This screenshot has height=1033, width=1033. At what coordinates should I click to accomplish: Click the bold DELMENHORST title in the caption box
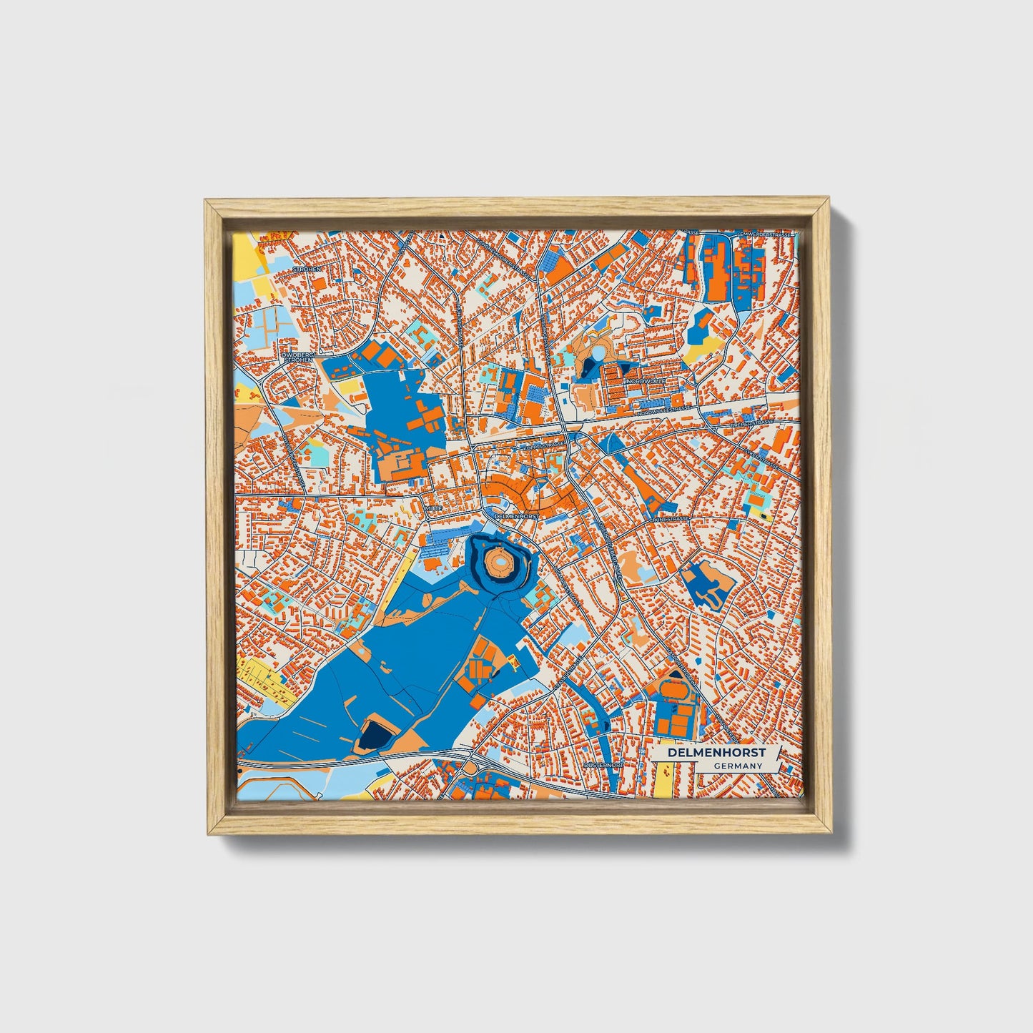pos(716,753)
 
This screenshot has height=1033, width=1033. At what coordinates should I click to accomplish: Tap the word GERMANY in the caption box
pos(737,766)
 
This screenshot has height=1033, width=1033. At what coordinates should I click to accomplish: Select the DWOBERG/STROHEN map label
pos(299,357)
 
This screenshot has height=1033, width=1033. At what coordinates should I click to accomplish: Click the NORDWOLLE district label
pos(646,382)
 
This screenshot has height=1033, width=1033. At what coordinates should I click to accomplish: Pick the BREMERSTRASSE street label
pos(752,423)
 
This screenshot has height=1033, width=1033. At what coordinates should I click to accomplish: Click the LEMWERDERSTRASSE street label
pos(765,234)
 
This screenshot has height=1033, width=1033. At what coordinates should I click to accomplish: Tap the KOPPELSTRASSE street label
pos(545,445)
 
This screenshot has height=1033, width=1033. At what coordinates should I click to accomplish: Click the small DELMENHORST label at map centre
pos(515,515)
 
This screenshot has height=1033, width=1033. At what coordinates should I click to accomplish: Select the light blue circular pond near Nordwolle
pos(598,352)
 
